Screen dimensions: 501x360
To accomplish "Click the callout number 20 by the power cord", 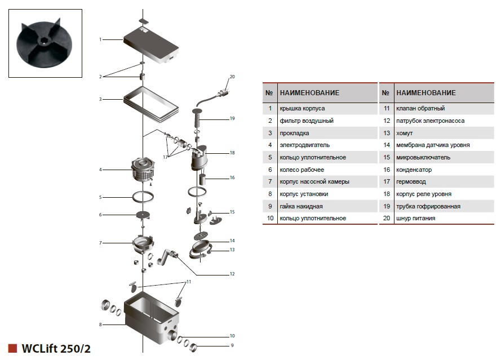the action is pos(232,77).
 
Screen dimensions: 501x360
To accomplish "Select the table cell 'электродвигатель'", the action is pos(304,145).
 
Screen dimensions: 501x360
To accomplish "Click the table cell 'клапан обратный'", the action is pos(420,108).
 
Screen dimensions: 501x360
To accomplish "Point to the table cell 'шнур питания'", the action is pos(415,218).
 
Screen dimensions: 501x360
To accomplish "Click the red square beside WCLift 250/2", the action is pos(12,348).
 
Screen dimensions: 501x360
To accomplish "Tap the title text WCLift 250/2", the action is pos(56,349).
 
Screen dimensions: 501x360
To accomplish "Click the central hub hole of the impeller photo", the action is pos(42,40).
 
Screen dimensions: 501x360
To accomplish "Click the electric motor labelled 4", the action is pos(143,170).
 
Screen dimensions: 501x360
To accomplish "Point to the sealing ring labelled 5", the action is pos(143,197).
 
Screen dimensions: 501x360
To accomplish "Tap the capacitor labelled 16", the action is pos(202,180).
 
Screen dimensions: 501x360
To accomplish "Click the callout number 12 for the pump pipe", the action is pos(232,274).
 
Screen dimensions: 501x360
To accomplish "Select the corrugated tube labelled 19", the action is pos(197,119).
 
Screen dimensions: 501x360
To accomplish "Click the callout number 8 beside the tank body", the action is pos(100,325).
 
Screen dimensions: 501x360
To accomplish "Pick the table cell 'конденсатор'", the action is pos(414,170).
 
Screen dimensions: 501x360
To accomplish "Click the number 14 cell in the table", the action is pos(386,145).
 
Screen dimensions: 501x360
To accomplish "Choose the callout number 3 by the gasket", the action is pos(100,99).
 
